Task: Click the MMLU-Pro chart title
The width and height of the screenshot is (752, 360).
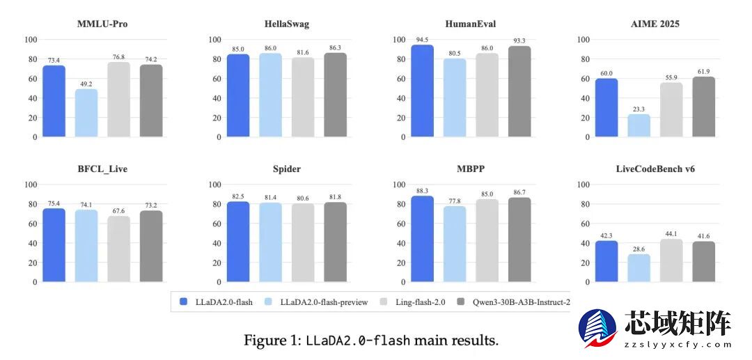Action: tap(102, 24)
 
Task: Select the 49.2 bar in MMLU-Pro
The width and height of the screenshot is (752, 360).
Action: tap(86, 113)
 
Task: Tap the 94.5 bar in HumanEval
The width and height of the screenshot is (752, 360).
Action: tap(422, 91)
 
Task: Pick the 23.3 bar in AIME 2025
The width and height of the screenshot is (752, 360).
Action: tap(639, 125)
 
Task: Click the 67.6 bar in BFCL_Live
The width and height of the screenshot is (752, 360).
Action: tap(118, 249)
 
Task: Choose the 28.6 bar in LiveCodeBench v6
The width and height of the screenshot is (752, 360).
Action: tap(639, 268)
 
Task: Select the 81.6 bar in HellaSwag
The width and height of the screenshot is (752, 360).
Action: tap(303, 97)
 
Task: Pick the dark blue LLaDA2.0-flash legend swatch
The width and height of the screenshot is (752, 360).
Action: tap(183, 302)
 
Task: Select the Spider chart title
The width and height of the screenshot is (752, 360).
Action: tap(287, 169)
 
